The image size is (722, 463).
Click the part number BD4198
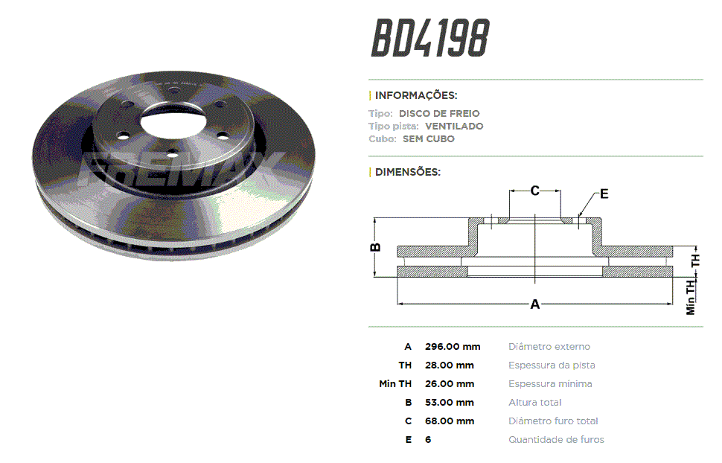430,38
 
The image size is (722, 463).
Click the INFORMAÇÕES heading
416,95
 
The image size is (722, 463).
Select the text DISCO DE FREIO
439,113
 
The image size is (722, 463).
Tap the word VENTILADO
454,127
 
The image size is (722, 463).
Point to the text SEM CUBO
428,138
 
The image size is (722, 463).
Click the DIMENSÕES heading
407,172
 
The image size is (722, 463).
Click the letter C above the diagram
534,191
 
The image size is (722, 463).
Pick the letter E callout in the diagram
604,194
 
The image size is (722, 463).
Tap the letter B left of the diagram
375,247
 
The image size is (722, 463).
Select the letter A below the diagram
534,304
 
